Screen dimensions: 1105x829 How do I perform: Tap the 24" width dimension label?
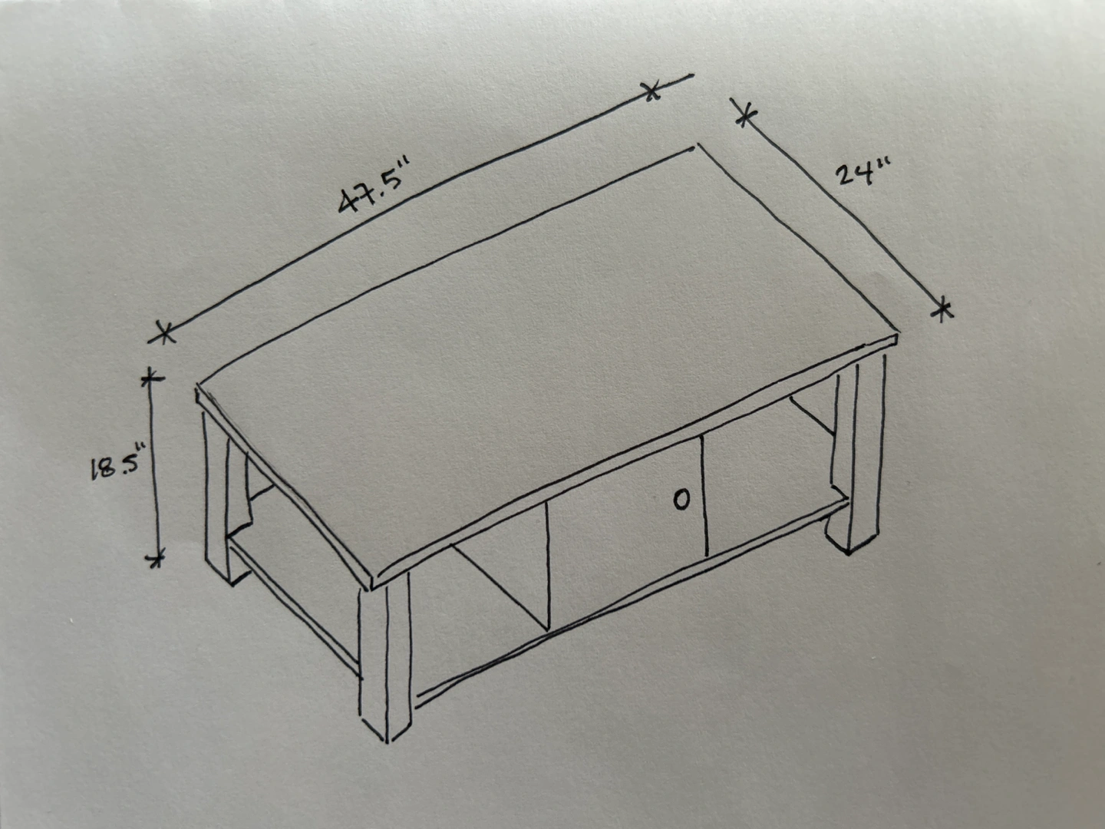coord(864,172)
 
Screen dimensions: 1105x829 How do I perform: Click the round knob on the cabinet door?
coord(681,500)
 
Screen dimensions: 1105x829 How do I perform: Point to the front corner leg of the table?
coord(386,659)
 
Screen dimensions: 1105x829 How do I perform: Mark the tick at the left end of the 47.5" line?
coord(165,332)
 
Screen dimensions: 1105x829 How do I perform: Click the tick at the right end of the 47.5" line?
coord(651,91)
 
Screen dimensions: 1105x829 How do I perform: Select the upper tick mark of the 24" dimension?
coord(746,116)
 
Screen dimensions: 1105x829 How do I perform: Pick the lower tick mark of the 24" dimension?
coord(942,310)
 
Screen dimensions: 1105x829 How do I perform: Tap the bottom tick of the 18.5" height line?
coord(156,558)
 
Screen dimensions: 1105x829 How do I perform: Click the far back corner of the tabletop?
coord(696,147)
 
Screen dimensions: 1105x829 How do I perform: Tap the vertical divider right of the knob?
coord(704,496)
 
